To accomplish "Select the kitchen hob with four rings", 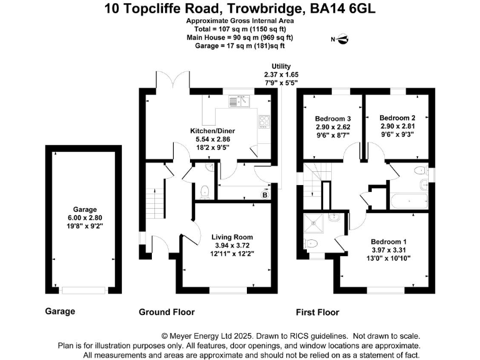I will [x=264, y=120].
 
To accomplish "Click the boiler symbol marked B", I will [x=264, y=196].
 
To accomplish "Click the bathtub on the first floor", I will [x=409, y=201].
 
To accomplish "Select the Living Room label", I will [x=232, y=237].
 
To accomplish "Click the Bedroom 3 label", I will [x=332, y=119].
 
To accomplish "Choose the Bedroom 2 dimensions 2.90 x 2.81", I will [x=397, y=126].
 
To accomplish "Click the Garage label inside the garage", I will [x=84, y=210].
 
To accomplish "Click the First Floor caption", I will [x=317, y=312].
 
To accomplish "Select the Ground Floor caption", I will [x=166, y=312].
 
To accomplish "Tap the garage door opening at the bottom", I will [x=84, y=289].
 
